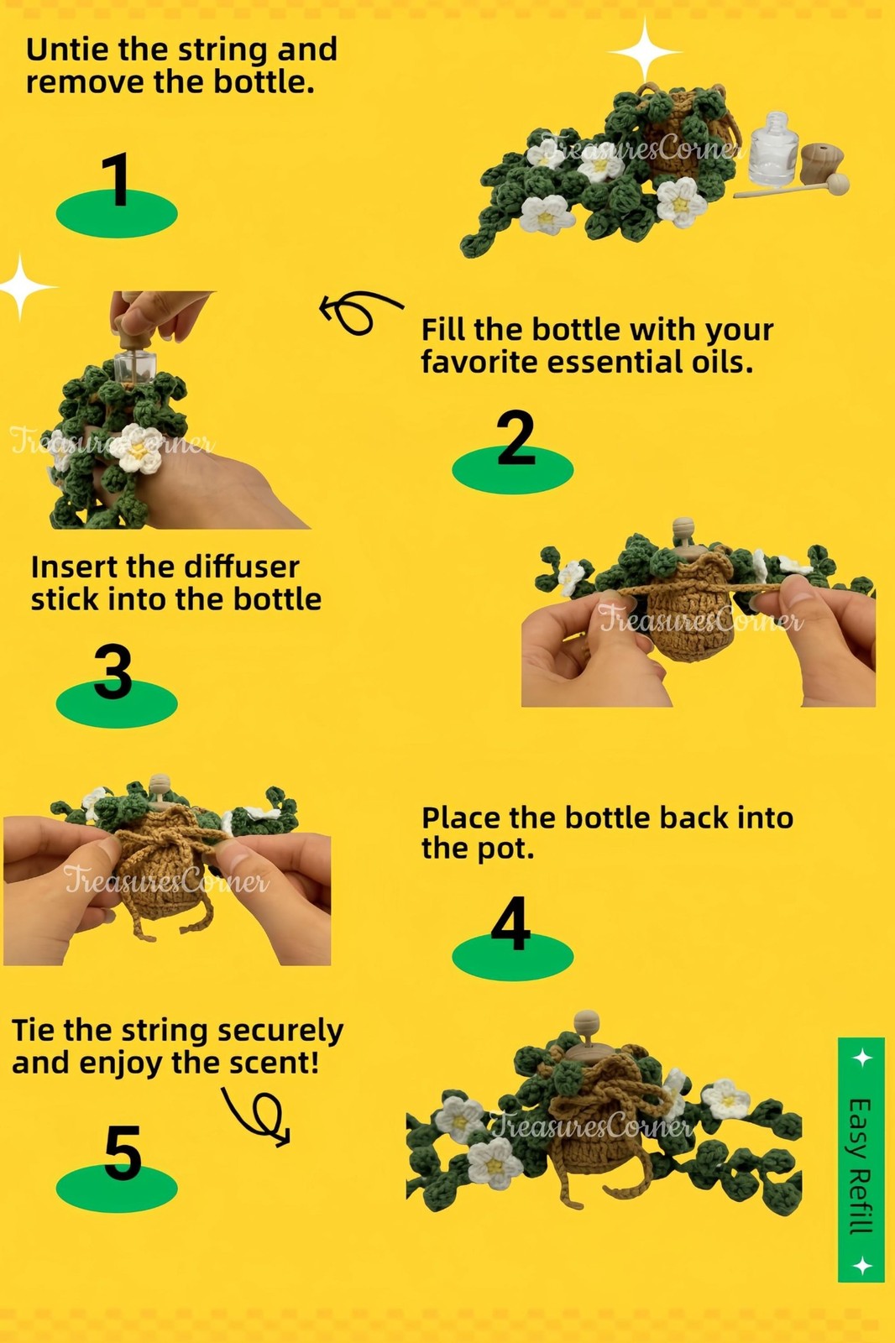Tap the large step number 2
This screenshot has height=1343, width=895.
516,437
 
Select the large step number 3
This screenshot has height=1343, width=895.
113,671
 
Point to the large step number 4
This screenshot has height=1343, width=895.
511,923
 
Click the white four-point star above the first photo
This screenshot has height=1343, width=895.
646,50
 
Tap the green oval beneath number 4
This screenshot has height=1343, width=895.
512,956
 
